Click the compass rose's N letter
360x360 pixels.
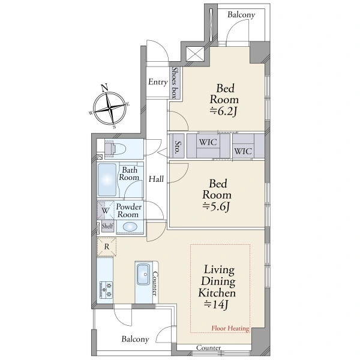pos(104,88)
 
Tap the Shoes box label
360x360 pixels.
pos(175,83)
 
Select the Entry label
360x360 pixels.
pos(158,82)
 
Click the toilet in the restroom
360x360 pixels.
pos(115,149)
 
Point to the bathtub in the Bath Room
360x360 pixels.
pos(107,179)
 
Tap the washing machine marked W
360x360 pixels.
pos(106,210)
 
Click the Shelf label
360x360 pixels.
pos(107,226)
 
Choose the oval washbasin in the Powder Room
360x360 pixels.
pos(130,227)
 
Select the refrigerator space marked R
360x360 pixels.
pos(107,247)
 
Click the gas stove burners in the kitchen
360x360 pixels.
pos(106,290)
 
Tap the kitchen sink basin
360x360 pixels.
pos(143,274)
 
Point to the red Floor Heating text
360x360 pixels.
pos(230,328)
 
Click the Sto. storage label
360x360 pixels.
pos(177,147)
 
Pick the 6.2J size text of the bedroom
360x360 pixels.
pos(224,112)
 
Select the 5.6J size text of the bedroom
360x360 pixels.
pos(216,207)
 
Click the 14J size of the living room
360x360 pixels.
pos(216,305)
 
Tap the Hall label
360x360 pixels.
pos(156,179)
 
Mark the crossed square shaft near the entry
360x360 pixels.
pos(195,54)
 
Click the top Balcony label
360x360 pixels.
pos(241,15)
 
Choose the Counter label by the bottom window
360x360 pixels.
pos(208,347)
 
